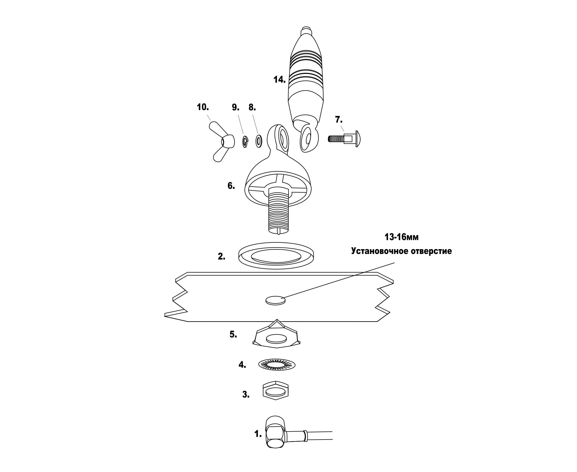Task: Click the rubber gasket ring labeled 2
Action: [x=276, y=256]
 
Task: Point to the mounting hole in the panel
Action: [x=275, y=300]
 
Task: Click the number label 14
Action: [x=279, y=80]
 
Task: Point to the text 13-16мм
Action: [x=401, y=237]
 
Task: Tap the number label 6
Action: [x=231, y=186]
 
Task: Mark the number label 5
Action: [x=233, y=335]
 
